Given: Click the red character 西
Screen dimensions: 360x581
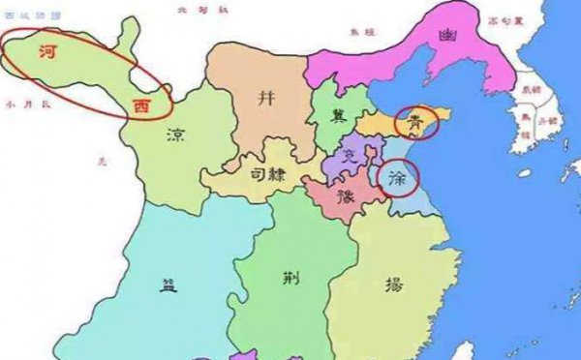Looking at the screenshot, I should coord(142,102).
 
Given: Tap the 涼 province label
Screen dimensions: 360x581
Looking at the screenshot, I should coord(176,134).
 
